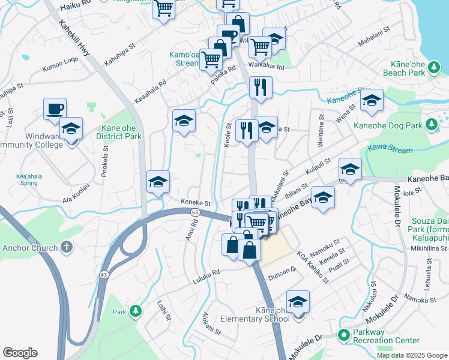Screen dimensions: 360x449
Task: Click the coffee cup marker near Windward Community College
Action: point(55,109)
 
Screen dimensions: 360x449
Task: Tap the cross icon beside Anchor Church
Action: point(67,247)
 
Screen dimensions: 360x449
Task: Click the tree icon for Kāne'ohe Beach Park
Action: point(431,72)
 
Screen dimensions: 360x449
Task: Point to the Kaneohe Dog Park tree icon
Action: point(430,124)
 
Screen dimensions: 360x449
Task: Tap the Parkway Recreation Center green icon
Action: point(344,335)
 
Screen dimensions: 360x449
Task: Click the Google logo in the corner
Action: point(20,352)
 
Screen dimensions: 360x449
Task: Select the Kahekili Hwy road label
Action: point(75,40)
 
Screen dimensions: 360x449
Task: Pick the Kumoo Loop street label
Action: point(60,64)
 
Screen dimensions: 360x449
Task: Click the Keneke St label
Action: point(196,203)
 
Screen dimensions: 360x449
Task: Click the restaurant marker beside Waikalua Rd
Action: point(261,87)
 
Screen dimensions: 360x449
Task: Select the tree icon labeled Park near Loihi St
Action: point(136,311)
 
